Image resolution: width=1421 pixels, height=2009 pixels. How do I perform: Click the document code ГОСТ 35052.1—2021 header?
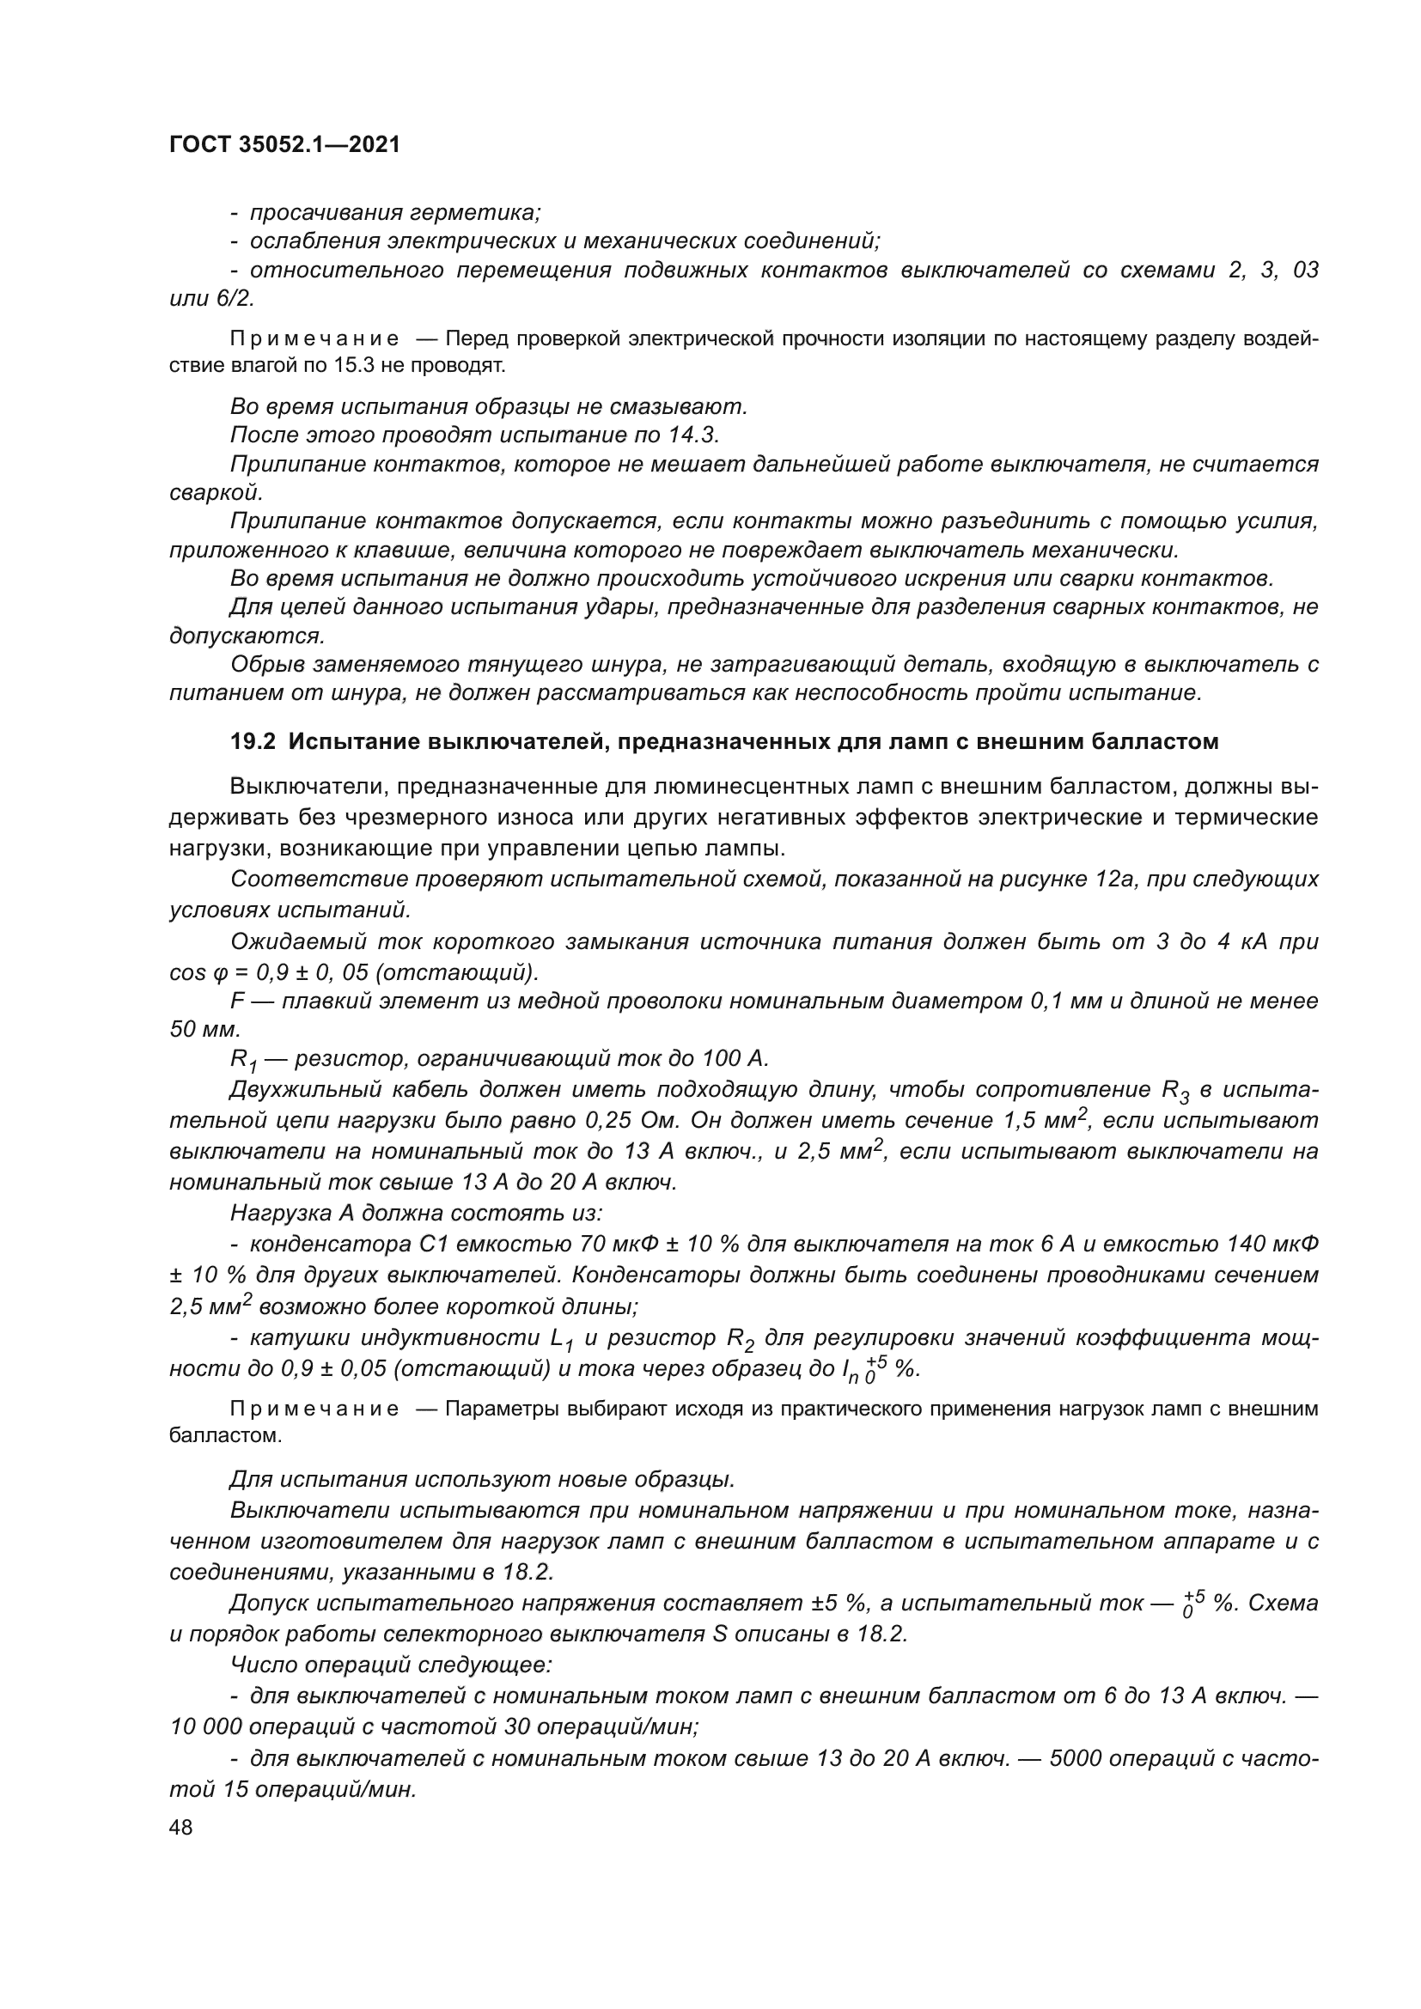coord(284,145)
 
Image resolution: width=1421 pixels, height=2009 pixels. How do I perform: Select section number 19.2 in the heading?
coord(253,742)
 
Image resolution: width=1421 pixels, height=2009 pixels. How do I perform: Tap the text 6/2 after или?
coord(236,298)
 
